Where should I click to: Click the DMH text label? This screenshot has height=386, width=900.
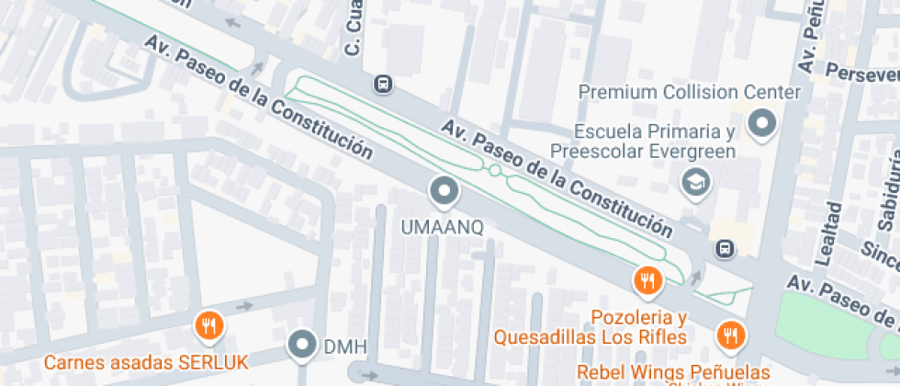345,347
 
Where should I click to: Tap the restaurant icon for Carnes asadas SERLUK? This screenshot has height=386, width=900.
210,326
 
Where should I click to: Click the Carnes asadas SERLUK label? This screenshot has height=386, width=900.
146,361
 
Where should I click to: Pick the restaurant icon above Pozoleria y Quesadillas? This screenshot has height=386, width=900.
648,280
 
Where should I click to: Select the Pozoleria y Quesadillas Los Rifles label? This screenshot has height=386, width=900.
591,328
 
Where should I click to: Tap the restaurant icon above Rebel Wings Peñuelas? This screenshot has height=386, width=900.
731,336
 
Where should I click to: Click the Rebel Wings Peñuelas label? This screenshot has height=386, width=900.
674,372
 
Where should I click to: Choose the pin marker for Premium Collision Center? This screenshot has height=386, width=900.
762,123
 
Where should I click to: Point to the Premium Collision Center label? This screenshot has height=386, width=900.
691,92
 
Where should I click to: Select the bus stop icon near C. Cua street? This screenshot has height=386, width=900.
383,85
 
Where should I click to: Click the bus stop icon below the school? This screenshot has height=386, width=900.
726,248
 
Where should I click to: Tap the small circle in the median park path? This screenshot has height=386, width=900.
496,171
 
